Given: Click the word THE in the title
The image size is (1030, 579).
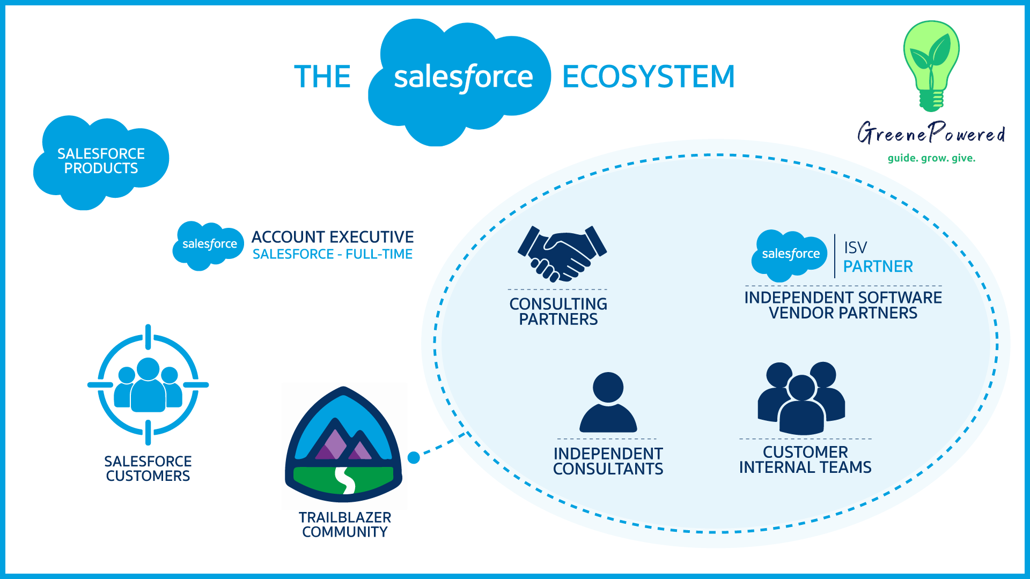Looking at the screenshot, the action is point(322,77).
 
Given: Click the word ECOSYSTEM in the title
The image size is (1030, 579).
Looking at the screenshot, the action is point(648,77).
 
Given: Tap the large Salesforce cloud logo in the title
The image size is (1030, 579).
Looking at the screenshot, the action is point(459,82).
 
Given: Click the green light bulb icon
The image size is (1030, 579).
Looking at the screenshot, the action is point(931,66).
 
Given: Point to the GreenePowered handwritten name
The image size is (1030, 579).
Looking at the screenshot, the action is point(931,133).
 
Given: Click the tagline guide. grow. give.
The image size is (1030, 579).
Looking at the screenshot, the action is point(931,158).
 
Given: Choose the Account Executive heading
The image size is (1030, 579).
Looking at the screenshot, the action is point(333,237).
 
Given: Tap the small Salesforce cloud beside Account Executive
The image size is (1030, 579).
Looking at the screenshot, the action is point(209,246).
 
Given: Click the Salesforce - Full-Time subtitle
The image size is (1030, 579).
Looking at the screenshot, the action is point(333,254).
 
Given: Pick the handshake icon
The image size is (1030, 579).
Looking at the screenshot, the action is point(562,254).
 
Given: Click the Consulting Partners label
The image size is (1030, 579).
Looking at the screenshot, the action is point(558,311).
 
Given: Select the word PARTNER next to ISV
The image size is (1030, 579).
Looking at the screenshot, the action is point(878,266).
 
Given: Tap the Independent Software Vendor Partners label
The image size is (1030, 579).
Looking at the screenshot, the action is point(843,305).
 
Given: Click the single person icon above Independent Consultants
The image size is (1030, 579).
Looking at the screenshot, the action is point(608,402).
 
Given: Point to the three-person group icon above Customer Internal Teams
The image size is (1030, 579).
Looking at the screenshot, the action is point(801,398).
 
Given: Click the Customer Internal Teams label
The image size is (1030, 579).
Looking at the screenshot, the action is point(805,459).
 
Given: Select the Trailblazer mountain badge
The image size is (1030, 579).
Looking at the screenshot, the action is point(344,444).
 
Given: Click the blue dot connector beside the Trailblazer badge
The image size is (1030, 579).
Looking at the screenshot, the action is point(414,457).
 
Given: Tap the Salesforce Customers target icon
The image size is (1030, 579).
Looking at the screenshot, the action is point(148,385).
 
